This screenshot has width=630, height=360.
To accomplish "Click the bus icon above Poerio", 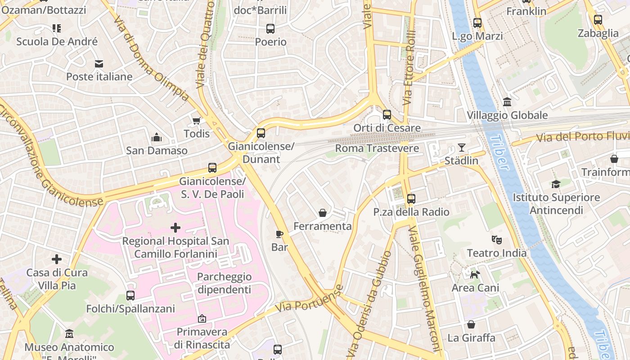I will click(270, 29).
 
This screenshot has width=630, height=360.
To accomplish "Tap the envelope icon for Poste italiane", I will click(99, 64).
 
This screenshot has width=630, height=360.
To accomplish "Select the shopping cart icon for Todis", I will click(196, 121).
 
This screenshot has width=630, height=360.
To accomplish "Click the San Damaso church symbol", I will click(157, 137).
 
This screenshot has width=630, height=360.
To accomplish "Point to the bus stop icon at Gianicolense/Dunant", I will click(261, 133).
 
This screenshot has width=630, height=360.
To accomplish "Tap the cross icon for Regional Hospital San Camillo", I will click(175, 228).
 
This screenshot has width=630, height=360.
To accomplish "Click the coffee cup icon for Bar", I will click(279, 234).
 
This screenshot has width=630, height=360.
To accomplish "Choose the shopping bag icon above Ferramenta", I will click(323, 213).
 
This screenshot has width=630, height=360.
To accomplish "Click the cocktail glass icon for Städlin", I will click(461, 148).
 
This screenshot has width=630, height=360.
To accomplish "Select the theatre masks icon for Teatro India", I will click(496, 240).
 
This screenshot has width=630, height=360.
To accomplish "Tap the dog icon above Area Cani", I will click(475, 274).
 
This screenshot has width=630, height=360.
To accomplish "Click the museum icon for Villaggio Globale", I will click(507, 102).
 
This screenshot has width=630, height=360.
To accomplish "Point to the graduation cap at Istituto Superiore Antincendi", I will click(556, 184).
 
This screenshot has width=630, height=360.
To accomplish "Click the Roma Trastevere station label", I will click(377, 148).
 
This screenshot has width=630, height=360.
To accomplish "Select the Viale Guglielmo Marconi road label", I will click(424, 288).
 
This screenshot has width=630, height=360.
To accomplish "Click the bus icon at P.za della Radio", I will click(411, 198).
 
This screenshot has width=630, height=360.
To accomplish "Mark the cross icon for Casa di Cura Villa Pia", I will click(57, 259).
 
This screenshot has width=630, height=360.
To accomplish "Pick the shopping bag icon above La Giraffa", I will click(471, 324).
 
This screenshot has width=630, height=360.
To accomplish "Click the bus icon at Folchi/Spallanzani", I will click(130, 296).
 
